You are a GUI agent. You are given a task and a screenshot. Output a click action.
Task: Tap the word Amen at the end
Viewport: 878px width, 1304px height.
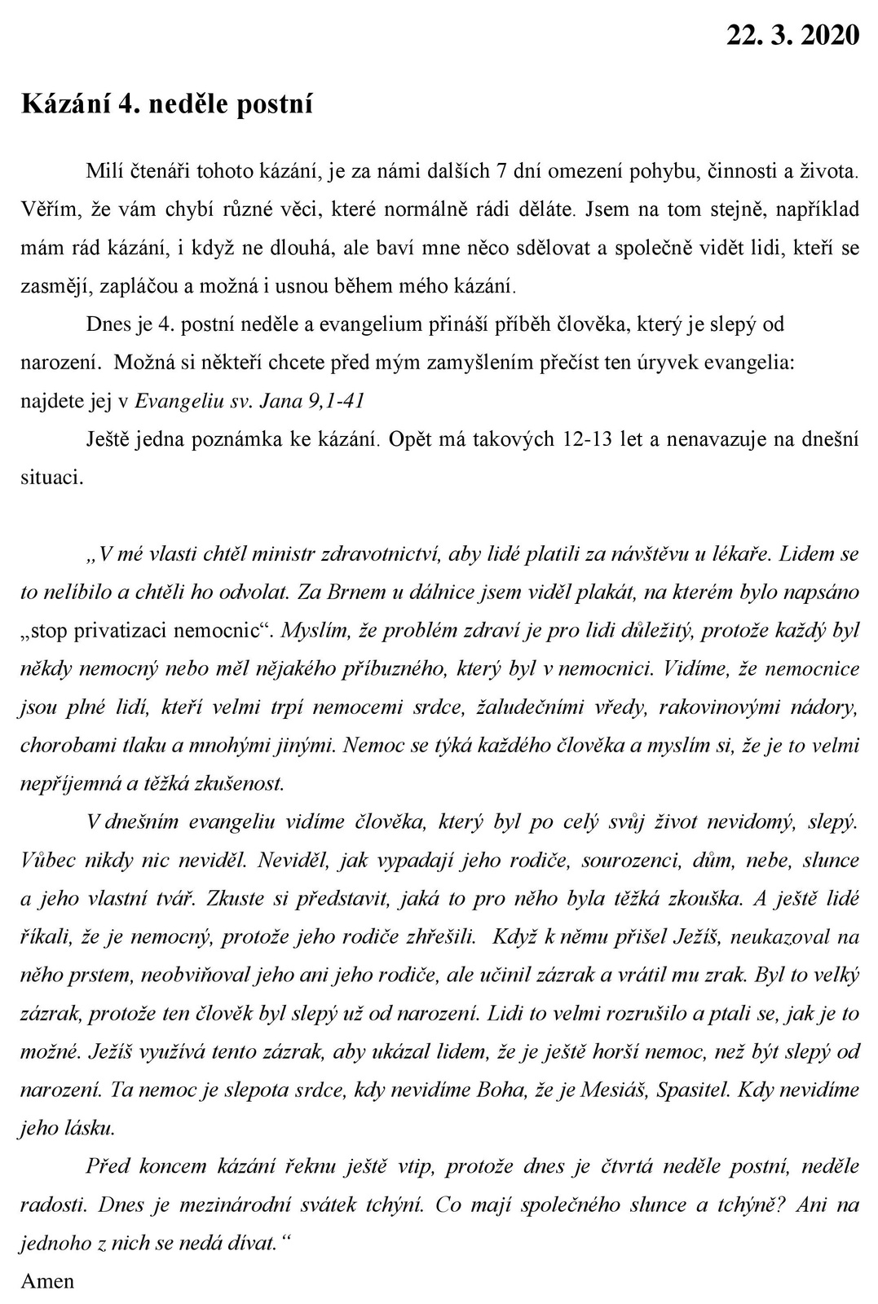47,1280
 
